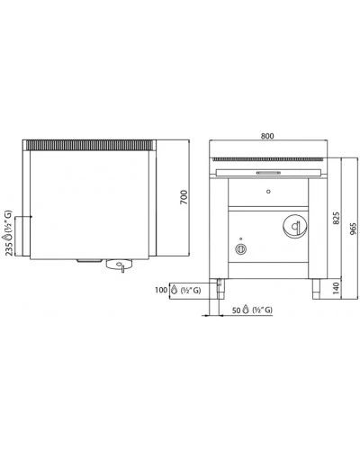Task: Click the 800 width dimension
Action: pyautogui.click(x=267, y=136)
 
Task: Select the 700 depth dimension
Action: pyautogui.click(x=184, y=197)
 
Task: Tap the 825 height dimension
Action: pyautogui.click(x=337, y=218)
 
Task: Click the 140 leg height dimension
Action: pyautogui.click(x=337, y=288)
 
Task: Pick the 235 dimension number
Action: pyautogui.click(x=9, y=249)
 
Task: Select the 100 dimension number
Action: pyautogui.click(x=161, y=290)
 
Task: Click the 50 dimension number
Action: pyautogui.click(x=237, y=310)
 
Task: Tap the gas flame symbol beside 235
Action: pyautogui.click(x=8, y=237)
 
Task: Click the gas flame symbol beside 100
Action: pyautogui.click(x=174, y=290)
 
